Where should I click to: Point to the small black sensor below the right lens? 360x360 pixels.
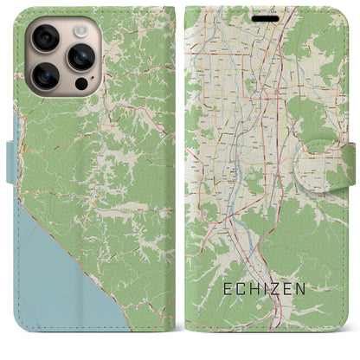82,85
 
